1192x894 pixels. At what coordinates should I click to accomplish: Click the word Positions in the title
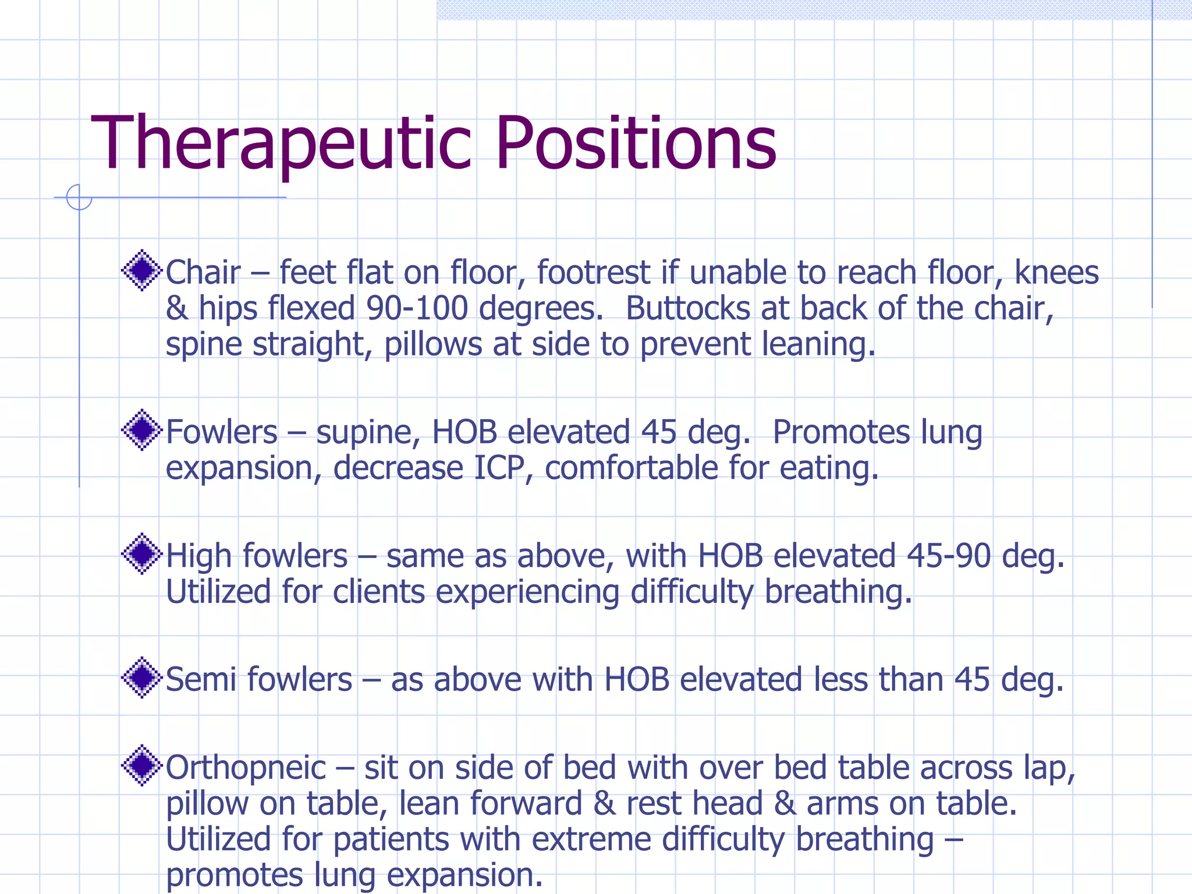point(636,144)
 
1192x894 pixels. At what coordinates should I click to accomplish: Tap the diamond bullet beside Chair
point(141,270)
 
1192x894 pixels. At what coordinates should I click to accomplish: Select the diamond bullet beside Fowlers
point(141,430)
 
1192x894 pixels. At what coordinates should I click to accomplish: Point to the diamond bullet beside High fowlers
point(141,554)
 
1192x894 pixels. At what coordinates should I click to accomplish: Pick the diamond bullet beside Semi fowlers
point(141,677)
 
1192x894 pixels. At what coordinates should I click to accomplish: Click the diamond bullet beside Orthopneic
point(141,765)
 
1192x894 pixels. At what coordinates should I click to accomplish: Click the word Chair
point(203,272)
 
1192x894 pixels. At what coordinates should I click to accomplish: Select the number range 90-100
point(417,308)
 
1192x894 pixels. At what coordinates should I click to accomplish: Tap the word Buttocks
point(687,308)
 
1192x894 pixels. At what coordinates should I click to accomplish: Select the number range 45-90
point(949,556)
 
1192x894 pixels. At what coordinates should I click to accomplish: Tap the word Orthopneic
point(246,769)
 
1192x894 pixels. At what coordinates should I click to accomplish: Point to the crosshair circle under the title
point(79,197)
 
